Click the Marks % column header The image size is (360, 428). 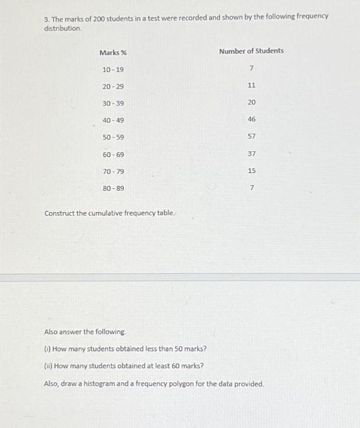(x=113, y=53)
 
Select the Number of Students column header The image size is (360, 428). (x=251, y=51)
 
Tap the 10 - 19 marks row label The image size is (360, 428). (x=113, y=70)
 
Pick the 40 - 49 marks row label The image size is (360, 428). (x=113, y=120)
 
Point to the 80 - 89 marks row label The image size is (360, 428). (x=113, y=188)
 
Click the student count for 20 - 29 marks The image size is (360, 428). (x=252, y=86)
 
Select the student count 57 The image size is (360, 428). (x=252, y=136)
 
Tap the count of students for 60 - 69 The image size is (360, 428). (x=252, y=153)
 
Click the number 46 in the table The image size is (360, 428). (x=252, y=120)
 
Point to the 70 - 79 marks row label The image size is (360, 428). (x=113, y=172)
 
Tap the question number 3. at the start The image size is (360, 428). (x=47, y=19)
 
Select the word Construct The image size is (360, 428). (x=59, y=213)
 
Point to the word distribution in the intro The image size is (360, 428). (x=62, y=29)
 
